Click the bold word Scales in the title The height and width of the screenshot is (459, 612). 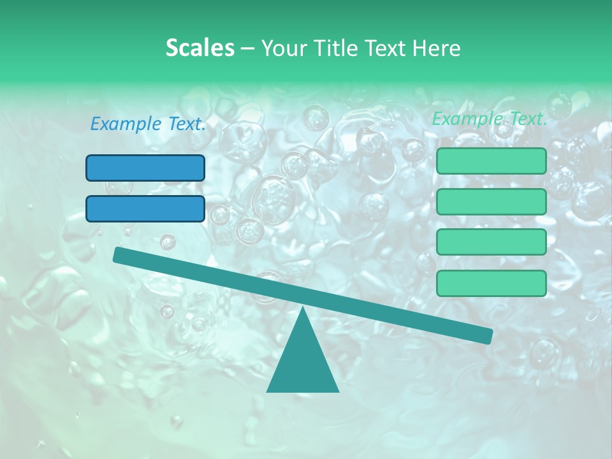click(200, 48)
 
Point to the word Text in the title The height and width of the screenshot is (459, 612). click(389, 48)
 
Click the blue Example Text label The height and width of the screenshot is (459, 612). click(148, 124)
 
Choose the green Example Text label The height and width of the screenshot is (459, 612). click(490, 119)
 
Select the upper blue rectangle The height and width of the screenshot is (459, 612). click(145, 168)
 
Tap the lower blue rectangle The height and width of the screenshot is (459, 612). click(145, 208)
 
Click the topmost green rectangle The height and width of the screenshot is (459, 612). click(491, 161)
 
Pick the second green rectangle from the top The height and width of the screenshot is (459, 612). click(491, 201)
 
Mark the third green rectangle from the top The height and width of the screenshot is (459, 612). click(491, 242)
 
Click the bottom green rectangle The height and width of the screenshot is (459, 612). click(491, 283)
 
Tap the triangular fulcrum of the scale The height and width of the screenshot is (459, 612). click(302, 360)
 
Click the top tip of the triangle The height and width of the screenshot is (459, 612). click(302, 310)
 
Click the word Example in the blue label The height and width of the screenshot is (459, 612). click(125, 124)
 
